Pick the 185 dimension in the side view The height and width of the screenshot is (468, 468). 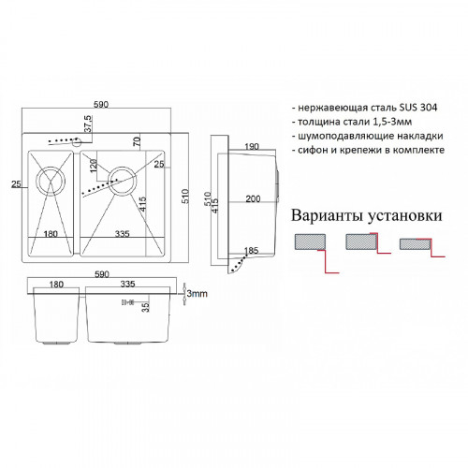point(250,251)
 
